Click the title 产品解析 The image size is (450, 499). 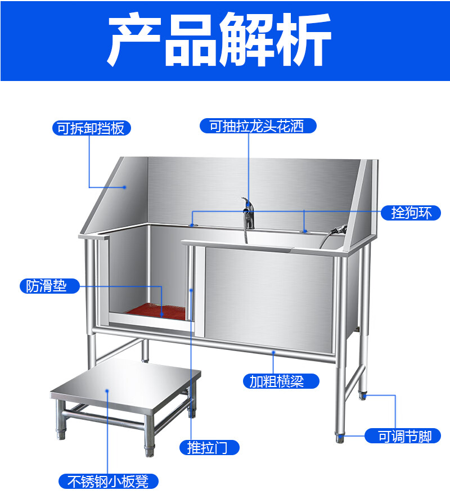[219, 39]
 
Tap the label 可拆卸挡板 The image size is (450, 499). [91, 128]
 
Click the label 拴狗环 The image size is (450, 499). [411, 213]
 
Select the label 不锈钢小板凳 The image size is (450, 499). [109, 481]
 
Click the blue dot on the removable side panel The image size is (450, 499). [125, 187]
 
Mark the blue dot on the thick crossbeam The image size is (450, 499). [273, 352]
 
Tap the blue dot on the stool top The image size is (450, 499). [107, 391]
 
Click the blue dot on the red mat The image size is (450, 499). [162, 314]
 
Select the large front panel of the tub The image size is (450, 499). [269, 299]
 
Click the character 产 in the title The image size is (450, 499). [134, 39]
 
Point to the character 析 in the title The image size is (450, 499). [304, 39]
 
